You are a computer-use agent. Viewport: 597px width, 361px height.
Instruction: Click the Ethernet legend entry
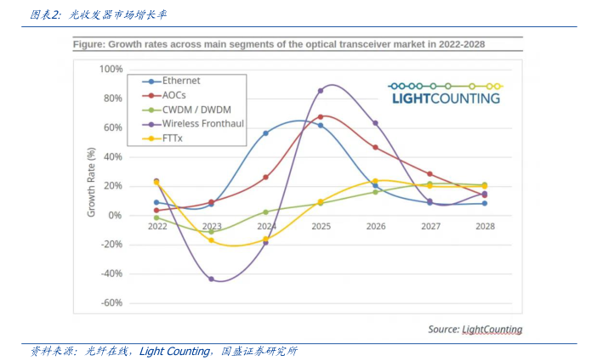(180, 81)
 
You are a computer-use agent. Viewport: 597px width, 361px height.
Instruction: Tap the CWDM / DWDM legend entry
(190, 110)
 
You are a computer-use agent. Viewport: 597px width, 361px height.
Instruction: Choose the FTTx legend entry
(173, 138)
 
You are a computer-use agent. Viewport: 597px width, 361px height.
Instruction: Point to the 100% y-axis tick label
(111, 69)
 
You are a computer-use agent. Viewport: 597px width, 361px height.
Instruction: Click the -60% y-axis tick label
(111, 302)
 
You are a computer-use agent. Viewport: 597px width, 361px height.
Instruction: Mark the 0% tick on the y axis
(117, 215)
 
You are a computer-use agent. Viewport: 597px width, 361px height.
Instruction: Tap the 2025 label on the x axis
(321, 227)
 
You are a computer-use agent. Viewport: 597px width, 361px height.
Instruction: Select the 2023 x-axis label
(212, 227)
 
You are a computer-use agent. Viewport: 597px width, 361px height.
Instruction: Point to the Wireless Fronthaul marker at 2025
(321, 90)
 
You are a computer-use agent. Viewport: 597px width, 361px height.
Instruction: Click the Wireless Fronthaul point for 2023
(212, 279)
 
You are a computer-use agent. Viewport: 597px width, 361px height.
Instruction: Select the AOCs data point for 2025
(321, 116)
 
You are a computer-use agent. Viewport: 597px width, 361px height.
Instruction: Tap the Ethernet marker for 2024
(266, 133)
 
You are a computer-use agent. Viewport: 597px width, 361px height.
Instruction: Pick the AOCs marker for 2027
(429, 173)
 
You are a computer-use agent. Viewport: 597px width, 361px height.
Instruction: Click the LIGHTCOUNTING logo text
(446, 98)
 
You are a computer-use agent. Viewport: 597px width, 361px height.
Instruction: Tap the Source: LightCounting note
(475, 329)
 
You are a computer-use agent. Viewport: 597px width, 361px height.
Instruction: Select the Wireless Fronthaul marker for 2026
(375, 123)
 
